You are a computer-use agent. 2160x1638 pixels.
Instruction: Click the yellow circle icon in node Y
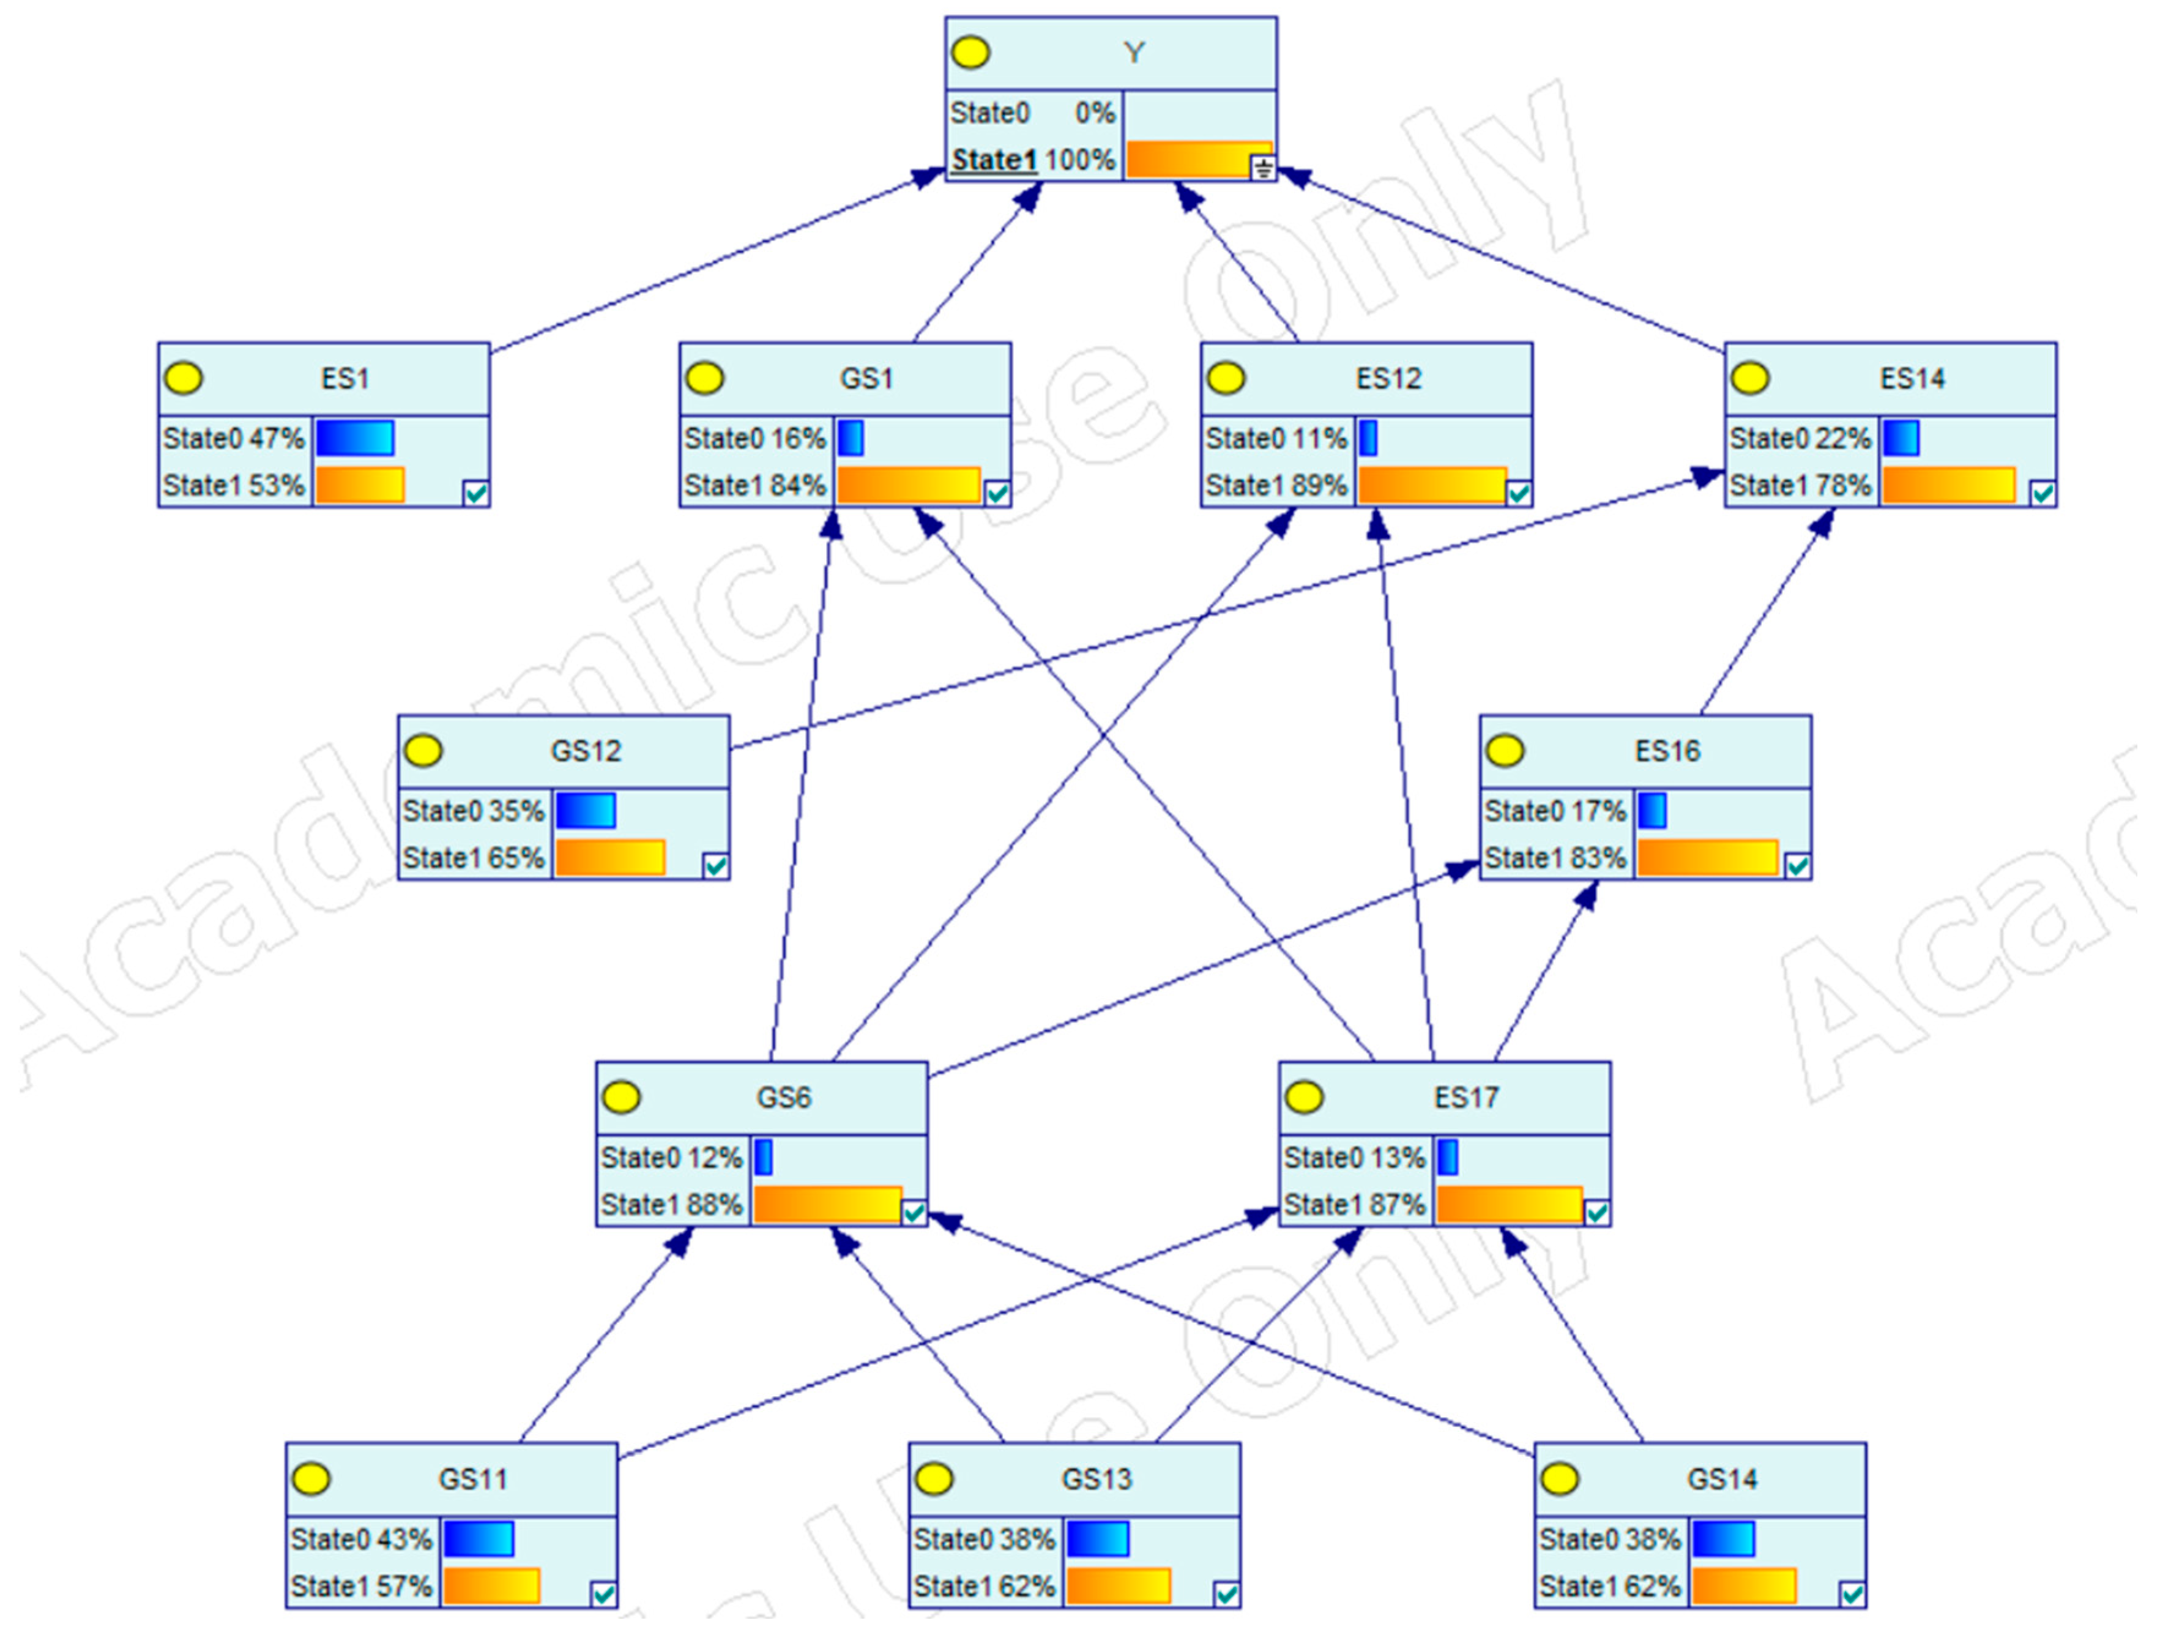970,53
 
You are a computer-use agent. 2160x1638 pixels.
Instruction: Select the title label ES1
344,378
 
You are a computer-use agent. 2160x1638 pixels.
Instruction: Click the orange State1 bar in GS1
908,485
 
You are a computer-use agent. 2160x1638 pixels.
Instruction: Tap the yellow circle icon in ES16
1505,751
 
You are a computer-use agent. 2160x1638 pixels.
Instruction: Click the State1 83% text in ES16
1555,858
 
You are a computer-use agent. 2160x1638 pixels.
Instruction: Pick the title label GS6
783,1098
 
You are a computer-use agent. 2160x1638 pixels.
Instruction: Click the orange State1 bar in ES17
1509,1204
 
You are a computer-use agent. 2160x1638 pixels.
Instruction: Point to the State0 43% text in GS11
360,1539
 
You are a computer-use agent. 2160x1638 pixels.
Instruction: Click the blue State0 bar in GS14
1724,1539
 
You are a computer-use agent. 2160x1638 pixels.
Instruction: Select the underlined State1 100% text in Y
1032,160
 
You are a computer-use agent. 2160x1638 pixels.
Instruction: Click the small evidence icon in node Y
1262,169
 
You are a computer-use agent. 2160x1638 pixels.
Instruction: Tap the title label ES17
1465,1098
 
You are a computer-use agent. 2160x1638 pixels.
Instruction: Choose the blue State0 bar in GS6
764,1158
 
